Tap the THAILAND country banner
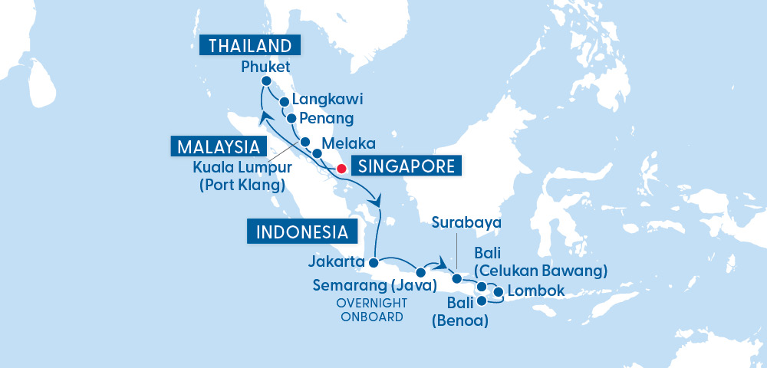click(x=249, y=45)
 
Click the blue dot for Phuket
click(x=266, y=81)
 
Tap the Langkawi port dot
click(x=284, y=101)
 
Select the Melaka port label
click(x=348, y=143)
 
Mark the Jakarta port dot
click(x=374, y=263)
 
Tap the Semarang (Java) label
click(x=374, y=285)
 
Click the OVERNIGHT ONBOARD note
click(x=370, y=309)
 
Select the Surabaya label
click(x=466, y=222)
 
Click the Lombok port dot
click(x=499, y=292)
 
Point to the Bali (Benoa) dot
click(x=482, y=301)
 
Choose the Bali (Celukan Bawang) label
click(x=541, y=261)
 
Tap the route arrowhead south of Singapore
click(x=376, y=199)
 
